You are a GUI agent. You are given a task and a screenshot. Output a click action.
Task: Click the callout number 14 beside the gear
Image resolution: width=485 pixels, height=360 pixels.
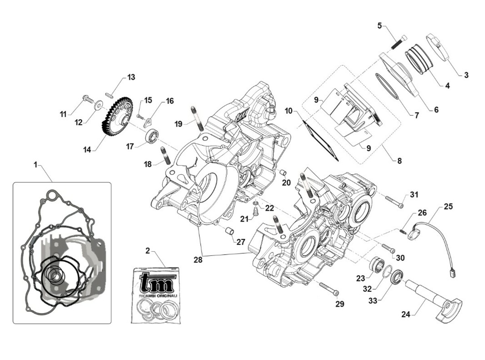coord(87,150)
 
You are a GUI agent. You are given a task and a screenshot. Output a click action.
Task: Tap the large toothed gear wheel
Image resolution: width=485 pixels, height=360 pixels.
coord(117,118)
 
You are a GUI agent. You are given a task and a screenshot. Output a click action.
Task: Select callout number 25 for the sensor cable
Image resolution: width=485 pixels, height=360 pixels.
coord(448,207)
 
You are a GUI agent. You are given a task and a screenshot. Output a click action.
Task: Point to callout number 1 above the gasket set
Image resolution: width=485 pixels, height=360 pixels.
coord(36,165)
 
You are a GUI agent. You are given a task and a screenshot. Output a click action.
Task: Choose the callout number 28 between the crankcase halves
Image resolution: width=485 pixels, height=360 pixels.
coord(198,260)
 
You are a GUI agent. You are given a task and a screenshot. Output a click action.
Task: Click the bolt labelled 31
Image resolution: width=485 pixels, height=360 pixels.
coord(394,202)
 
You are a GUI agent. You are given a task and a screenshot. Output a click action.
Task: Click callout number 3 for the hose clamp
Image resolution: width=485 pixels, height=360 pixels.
coord(466,75)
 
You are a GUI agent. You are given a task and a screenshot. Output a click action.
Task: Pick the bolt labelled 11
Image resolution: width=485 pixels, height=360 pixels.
coord(87,98)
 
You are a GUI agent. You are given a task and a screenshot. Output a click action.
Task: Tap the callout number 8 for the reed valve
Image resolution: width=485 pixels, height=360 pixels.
coord(399,161)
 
